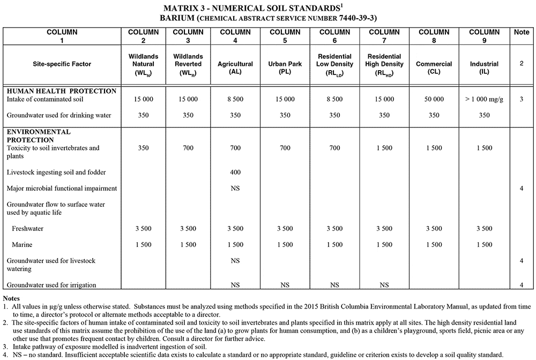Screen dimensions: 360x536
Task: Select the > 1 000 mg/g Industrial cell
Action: pos(484,99)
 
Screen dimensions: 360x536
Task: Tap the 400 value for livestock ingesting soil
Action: pos(235,172)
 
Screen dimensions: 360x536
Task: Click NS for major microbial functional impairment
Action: pos(235,189)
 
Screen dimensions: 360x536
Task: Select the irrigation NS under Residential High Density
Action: pos(384,285)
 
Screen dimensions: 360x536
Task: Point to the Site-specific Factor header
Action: pos(62,64)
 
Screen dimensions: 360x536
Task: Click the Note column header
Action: pos(521,32)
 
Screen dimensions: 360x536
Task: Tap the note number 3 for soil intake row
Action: pos(521,99)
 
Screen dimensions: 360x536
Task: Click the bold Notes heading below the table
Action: pos(12,298)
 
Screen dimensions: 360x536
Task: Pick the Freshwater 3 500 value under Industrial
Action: pos(483,229)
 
